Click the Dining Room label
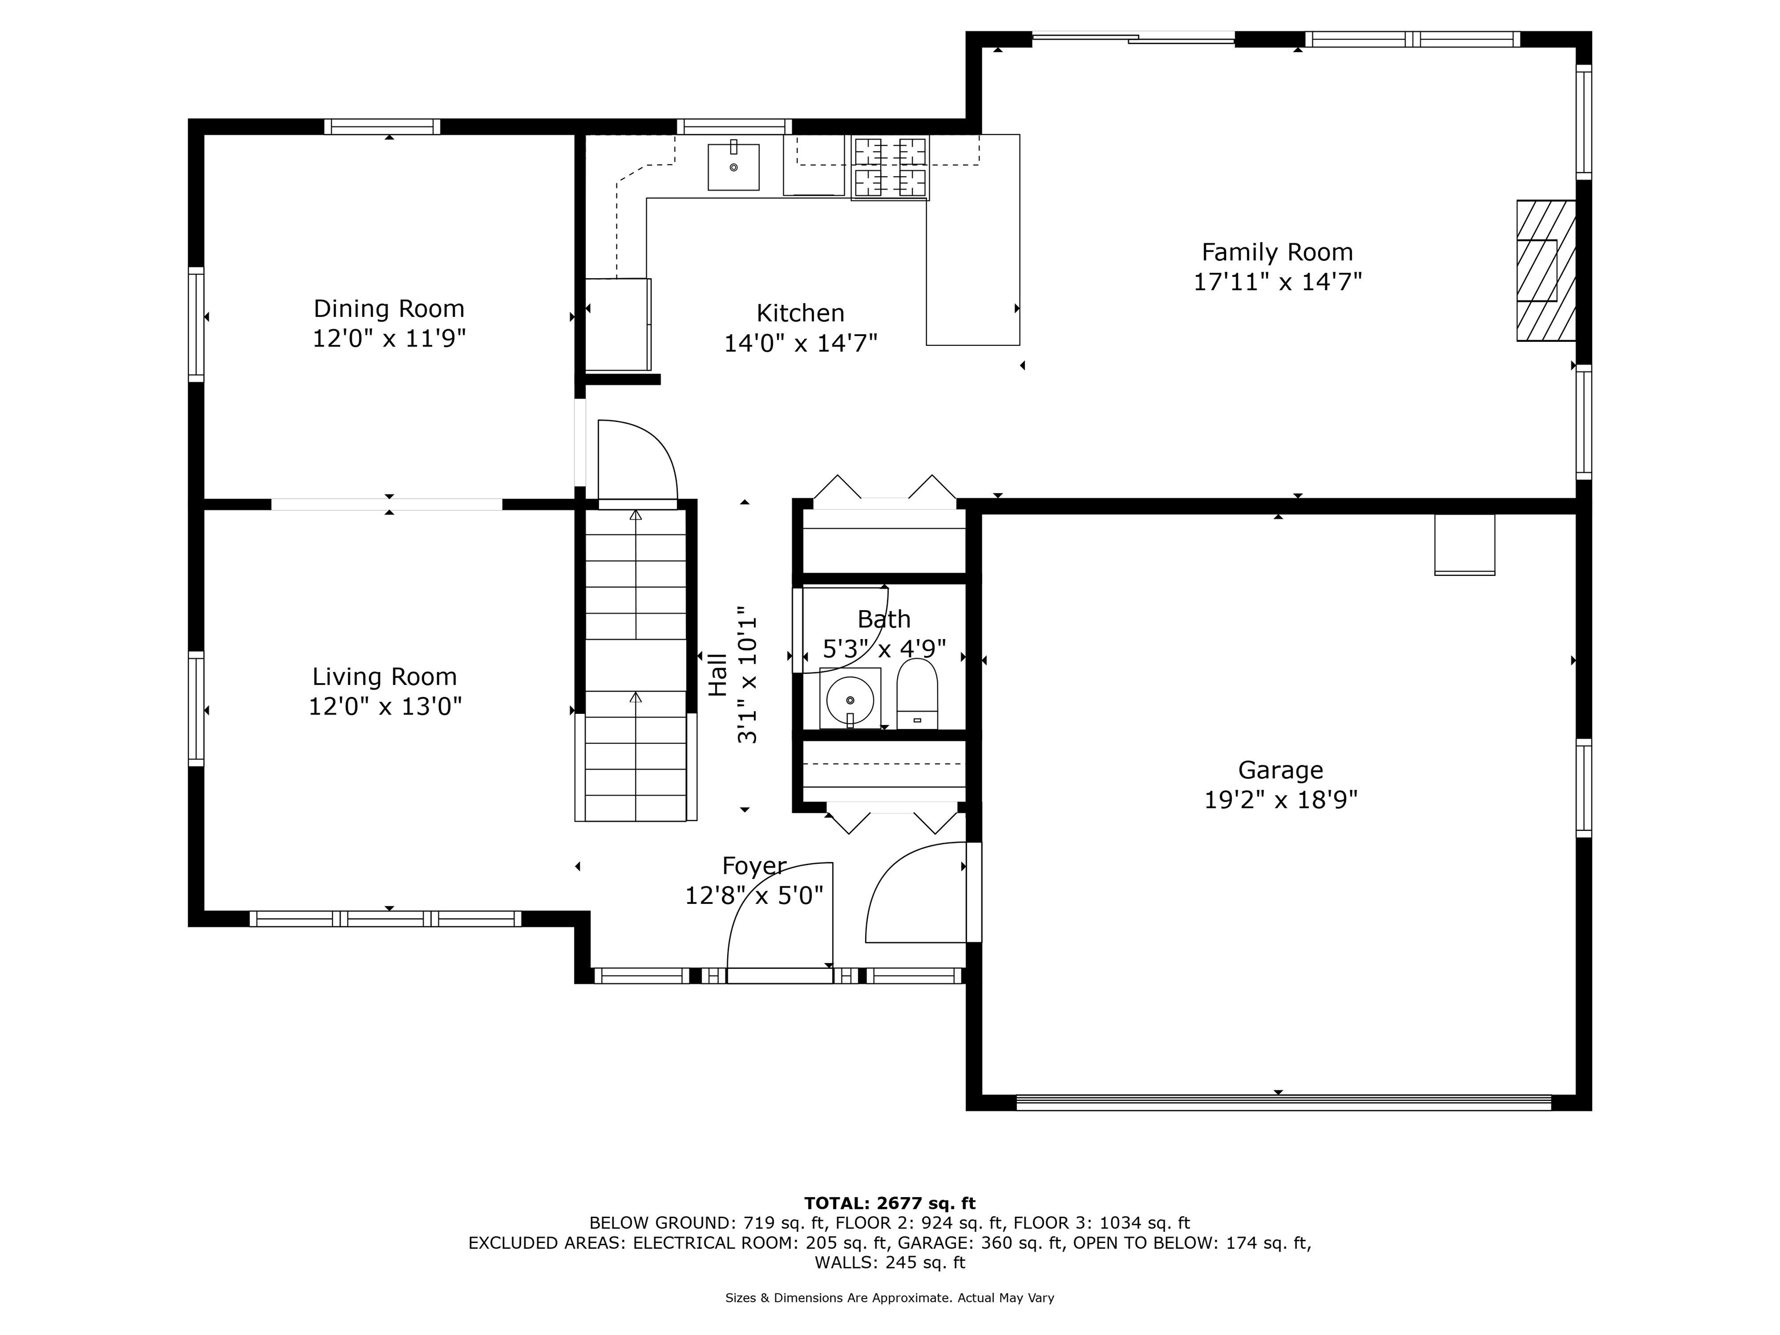coord(389,309)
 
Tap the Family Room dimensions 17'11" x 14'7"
coord(1277,282)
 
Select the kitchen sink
coord(733,166)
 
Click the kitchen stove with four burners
coord(890,167)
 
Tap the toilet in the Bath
coord(917,694)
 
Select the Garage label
coord(1281,770)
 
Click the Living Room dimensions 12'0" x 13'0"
coord(385,706)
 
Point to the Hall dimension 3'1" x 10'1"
coord(747,674)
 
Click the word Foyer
coord(754,866)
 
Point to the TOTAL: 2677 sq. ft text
coord(890,1203)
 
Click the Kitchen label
coord(801,313)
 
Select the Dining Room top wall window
coord(382,126)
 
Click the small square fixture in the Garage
coord(1465,545)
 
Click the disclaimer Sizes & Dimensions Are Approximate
coord(890,1298)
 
